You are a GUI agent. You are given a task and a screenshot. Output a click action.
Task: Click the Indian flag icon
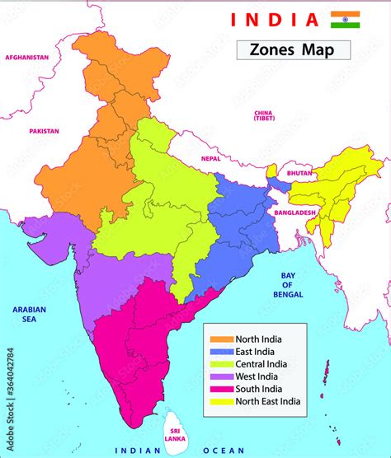(x=345, y=20)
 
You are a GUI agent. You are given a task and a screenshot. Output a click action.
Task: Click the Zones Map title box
(x=293, y=49)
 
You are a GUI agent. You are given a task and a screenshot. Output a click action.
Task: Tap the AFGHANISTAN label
(x=27, y=58)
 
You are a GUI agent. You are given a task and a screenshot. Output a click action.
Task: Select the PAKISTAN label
(x=44, y=131)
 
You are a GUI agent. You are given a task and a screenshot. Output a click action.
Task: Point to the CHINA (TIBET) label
(x=263, y=114)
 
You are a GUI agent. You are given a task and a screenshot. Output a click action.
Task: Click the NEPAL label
(x=211, y=158)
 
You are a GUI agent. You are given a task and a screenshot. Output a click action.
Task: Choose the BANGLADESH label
(x=295, y=213)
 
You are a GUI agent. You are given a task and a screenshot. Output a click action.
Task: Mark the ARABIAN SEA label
(x=29, y=314)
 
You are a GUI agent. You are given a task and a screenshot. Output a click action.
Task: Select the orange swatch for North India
(x=221, y=339)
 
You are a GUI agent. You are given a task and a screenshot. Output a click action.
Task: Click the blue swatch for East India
(x=221, y=351)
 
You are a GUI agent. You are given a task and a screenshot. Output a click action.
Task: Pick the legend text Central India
(x=261, y=363)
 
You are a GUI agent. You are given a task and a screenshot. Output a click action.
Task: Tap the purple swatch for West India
(x=221, y=376)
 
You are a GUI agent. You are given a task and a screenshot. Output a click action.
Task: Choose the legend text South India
(x=258, y=389)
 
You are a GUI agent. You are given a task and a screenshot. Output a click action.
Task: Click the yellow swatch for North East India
(x=221, y=402)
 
